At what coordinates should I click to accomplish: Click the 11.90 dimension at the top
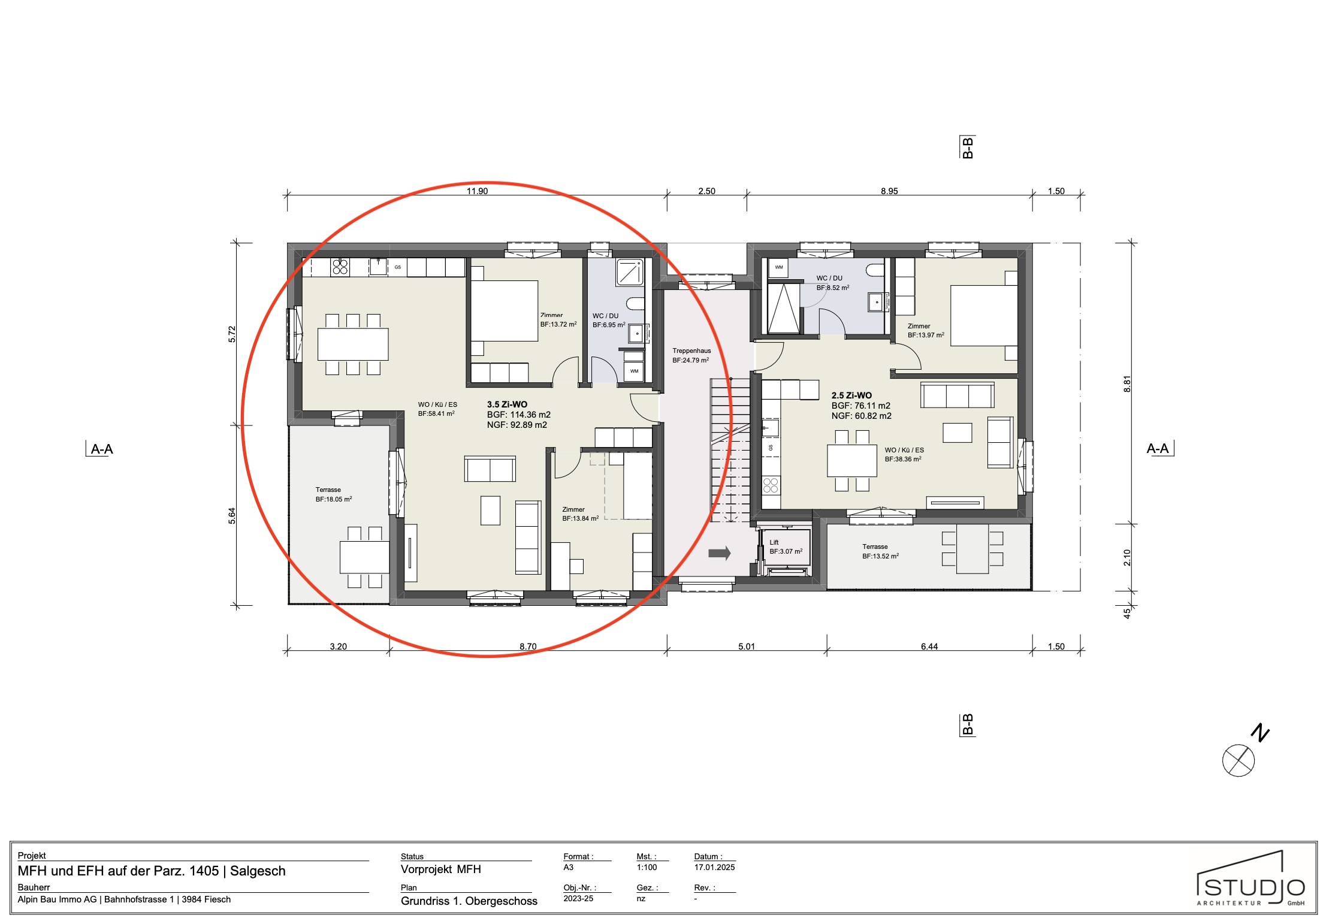(477, 191)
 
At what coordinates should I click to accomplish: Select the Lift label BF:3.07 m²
(786, 547)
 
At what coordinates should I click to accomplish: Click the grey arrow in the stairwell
(720, 553)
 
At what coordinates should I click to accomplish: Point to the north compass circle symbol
(1238, 760)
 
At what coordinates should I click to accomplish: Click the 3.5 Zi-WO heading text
(507, 404)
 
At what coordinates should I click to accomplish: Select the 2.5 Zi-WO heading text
(851, 395)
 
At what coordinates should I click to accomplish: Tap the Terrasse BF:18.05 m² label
(333, 494)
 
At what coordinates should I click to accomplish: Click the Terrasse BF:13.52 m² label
(880, 551)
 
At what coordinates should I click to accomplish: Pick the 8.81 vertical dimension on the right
(1126, 384)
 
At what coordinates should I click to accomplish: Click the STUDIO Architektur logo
(1251, 880)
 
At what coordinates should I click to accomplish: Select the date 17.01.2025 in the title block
(714, 867)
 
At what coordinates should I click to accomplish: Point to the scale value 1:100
(647, 867)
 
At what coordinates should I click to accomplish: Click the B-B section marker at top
(967, 147)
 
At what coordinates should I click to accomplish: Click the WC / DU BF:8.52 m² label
(832, 283)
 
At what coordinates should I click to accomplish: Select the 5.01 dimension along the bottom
(746, 647)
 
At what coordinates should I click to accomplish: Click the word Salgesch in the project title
(258, 871)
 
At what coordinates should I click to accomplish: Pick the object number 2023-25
(578, 898)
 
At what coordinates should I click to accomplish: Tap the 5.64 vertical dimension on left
(232, 515)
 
